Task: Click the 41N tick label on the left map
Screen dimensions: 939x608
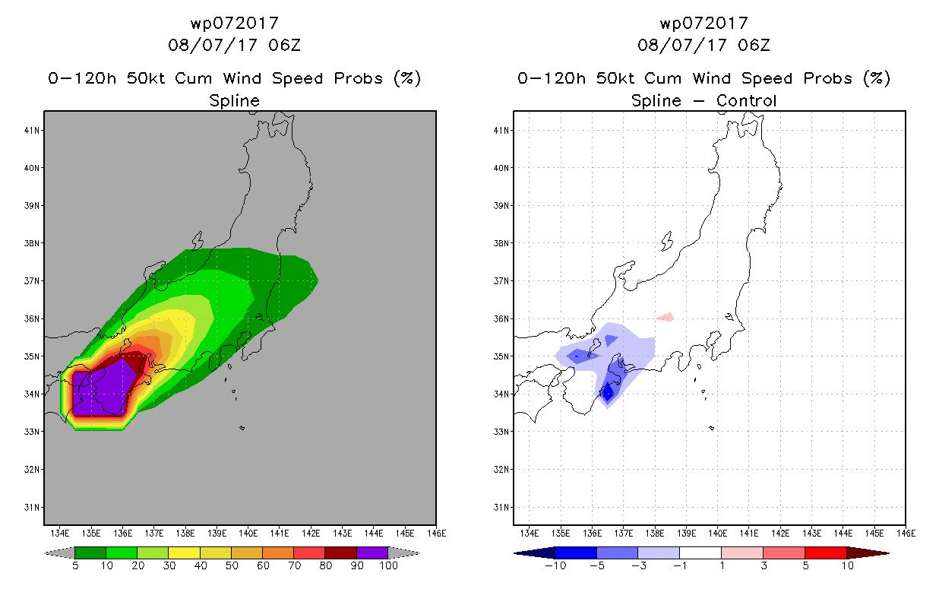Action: tap(32, 131)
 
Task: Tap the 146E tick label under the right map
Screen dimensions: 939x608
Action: tap(906, 534)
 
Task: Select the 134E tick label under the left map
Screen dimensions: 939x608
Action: tap(60, 534)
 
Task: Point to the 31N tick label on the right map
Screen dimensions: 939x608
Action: tap(501, 508)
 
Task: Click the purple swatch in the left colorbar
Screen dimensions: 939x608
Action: tap(372, 553)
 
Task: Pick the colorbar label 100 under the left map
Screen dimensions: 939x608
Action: tap(388, 565)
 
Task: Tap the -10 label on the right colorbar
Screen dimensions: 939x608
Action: tap(555, 565)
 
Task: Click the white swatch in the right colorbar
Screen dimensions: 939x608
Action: tap(700, 553)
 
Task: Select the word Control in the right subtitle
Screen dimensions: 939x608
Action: tap(747, 100)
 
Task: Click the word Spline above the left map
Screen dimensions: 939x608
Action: tap(234, 101)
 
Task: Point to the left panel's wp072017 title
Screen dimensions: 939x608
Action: tap(235, 24)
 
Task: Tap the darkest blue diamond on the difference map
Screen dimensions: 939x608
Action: tap(608, 393)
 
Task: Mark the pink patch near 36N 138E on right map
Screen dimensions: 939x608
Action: tap(666, 317)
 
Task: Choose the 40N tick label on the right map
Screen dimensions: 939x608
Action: tap(501, 168)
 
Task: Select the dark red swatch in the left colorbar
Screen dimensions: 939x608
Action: tap(341, 553)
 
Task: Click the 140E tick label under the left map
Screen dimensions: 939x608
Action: tap(248, 534)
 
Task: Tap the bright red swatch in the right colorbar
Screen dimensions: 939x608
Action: tap(826, 553)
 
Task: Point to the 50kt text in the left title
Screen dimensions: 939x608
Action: tap(147, 78)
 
